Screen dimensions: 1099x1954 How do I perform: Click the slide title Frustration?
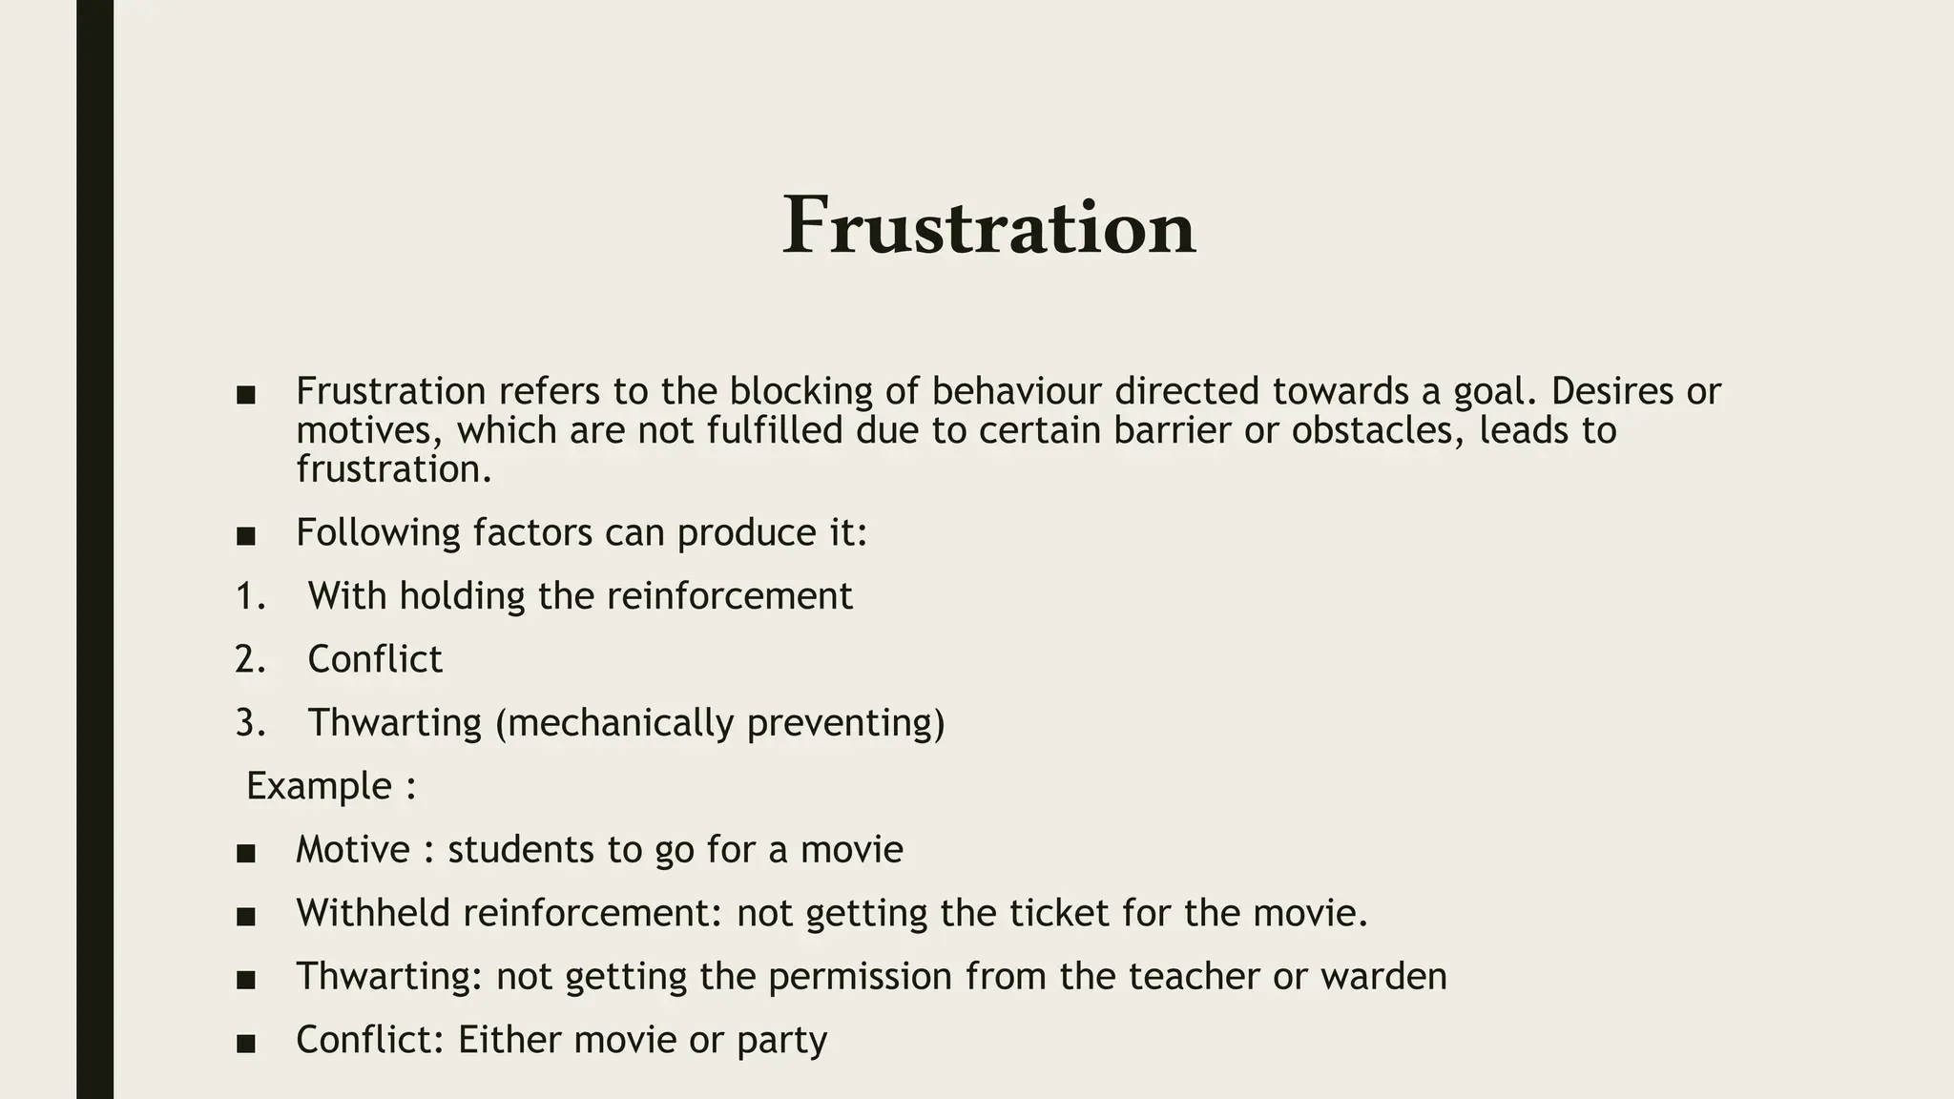point(988,227)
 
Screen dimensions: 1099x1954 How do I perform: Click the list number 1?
point(249,596)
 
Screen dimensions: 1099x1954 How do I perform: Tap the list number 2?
point(249,659)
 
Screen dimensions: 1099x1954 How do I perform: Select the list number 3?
point(249,723)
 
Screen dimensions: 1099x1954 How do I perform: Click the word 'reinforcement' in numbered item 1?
point(729,596)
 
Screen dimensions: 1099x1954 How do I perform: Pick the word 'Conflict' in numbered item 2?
point(375,659)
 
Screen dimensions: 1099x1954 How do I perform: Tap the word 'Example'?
point(320,786)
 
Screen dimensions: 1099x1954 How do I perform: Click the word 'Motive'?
point(352,849)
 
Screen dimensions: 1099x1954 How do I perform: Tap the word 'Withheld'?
point(373,913)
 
